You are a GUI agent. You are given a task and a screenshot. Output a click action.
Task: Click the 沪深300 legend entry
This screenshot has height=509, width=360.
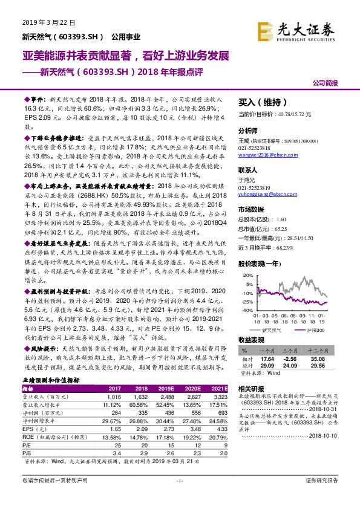(x=316, y=330)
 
